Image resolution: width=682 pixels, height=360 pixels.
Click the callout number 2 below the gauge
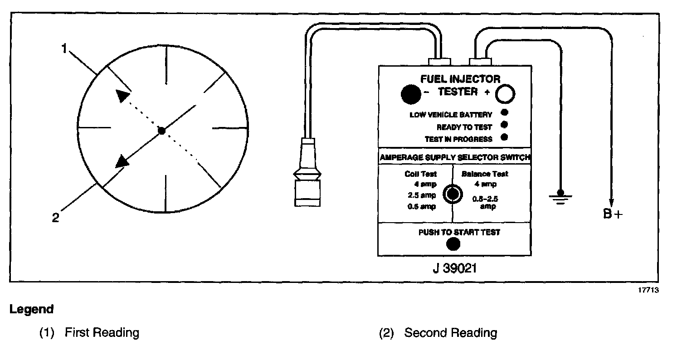point(56,218)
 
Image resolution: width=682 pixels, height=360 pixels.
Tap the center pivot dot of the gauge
point(161,131)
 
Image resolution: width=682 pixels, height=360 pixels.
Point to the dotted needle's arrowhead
point(122,96)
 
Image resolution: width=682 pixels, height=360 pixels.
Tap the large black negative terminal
point(411,94)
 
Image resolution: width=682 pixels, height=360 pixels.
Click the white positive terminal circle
point(505,94)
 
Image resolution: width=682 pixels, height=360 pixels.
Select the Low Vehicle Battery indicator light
point(504,113)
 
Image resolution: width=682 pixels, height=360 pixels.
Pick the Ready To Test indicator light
point(504,125)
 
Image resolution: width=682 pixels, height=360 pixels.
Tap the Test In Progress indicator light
point(504,137)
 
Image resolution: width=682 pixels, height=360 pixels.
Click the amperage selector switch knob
point(452,194)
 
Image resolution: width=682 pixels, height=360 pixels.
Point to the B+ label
point(613,214)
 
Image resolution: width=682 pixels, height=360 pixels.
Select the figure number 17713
point(649,291)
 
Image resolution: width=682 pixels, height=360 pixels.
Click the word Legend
point(32,310)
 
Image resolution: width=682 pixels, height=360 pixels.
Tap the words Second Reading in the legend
point(450,333)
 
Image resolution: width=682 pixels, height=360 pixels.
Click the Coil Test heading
point(421,174)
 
